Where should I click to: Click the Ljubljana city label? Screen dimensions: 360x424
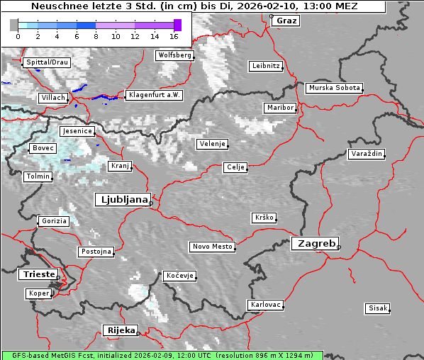(122, 200)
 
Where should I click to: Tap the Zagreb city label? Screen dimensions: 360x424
(314, 243)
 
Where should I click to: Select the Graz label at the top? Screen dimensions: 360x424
(286, 21)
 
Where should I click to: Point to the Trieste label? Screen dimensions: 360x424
(38, 274)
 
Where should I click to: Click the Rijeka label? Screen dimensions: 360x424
(120, 330)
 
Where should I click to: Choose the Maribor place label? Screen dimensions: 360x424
(279, 108)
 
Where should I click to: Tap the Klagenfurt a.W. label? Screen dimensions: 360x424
(154, 95)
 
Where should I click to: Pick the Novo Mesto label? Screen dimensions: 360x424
(212, 247)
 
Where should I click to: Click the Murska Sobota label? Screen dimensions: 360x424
(334, 89)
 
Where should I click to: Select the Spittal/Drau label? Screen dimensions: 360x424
(47, 62)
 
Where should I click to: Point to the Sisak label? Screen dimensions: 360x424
(377, 308)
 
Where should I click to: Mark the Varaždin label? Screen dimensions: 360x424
(366, 154)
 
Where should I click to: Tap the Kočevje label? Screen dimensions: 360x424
(179, 276)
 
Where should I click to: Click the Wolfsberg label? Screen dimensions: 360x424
(174, 55)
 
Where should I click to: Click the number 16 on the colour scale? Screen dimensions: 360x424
(174, 35)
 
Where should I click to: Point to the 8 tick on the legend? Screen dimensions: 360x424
(96, 35)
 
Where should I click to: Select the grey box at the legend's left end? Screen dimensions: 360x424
(14, 25)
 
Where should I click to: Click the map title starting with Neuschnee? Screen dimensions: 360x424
(193, 6)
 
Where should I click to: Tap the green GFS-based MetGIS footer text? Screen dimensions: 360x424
(162, 355)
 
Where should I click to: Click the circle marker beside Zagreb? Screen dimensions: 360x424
(339, 247)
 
